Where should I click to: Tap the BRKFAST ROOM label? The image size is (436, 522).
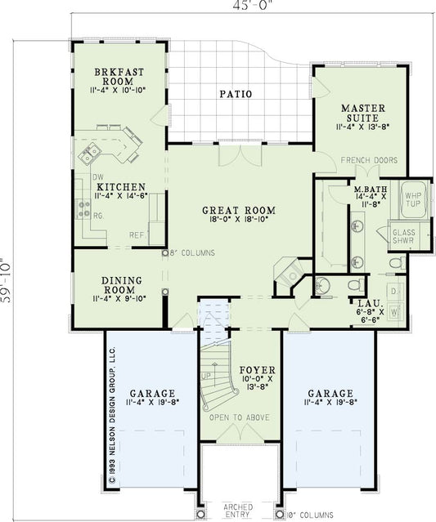pos(119,77)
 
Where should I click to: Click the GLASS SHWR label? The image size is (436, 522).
pos(405,237)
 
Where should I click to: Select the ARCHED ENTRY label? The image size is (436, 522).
pos(238,511)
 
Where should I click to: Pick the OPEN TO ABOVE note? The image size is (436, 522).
pos(239,417)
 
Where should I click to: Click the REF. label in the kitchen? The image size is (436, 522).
pos(137,235)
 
